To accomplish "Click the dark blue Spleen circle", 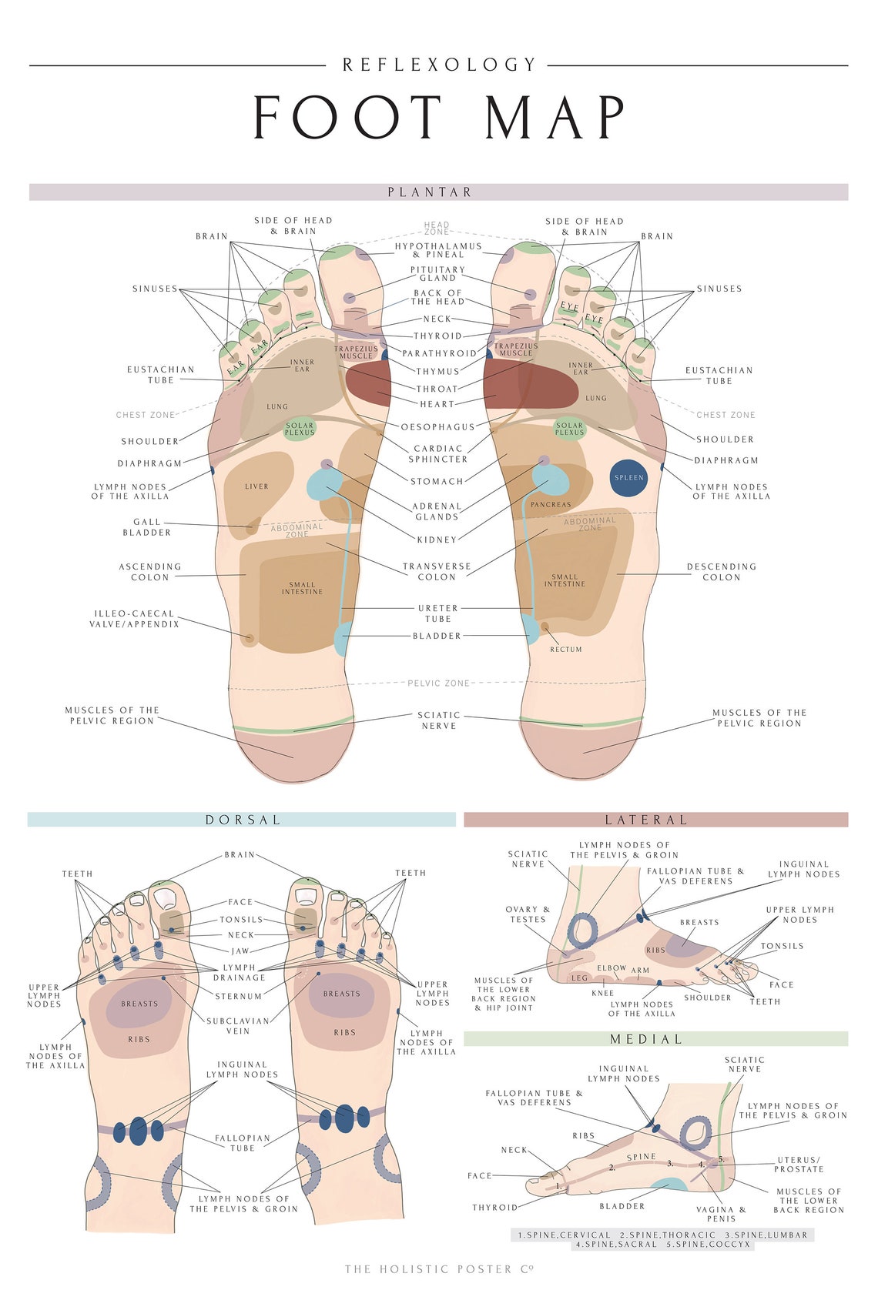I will tap(628, 478).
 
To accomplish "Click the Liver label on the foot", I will tap(256, 486).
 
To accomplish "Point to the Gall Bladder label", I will tap(146, 527).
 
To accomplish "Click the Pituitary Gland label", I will tap(437, 274).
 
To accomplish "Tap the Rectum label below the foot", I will tap(566, 650).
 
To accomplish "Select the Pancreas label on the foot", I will tap(551, 505).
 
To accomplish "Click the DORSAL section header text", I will tap(243, 820).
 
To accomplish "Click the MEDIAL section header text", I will tap(646, 1039).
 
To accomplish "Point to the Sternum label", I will tap(238, 996).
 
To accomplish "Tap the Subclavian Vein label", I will tap(238, 1026).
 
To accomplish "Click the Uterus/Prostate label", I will tap(799, 1165).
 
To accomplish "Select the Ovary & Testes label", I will tap(528, 914).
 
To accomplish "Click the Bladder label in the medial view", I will tap(622, 1206).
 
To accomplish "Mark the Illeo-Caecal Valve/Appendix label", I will tap(135, 619).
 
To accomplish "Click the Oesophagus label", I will tap(437, 427).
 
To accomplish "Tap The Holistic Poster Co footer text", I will tap(438, 1269).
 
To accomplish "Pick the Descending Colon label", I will tap(721, 572).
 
